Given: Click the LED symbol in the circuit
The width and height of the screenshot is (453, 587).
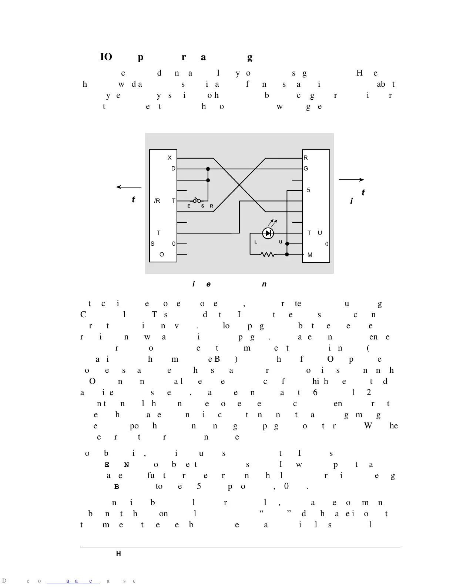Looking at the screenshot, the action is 268,233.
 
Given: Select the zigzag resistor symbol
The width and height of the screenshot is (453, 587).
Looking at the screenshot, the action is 268,255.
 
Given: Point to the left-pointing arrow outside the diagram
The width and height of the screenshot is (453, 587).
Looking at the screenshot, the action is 128,187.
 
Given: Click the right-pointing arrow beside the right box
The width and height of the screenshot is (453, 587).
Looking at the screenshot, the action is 351,180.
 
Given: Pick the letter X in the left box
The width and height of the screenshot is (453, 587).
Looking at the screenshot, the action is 170,158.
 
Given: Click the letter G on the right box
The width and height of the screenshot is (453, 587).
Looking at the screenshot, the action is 306,169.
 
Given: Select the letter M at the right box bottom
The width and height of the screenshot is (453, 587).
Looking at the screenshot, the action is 310,255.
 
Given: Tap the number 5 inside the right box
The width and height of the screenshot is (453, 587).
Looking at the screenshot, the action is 309,190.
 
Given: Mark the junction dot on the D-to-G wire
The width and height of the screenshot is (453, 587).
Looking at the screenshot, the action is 208,169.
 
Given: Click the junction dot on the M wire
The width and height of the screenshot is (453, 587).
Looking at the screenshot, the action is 287,255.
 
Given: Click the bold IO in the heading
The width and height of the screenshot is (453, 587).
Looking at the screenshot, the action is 106,57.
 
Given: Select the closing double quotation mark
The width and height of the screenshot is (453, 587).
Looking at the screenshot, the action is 290,513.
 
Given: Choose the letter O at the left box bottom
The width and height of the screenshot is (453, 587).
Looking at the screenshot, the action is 161,255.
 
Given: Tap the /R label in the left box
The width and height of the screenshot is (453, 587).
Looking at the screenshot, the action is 157,201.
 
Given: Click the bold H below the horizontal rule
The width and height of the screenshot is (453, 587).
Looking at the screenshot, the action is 118,554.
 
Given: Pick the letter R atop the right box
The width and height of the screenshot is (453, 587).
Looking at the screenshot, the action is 306,158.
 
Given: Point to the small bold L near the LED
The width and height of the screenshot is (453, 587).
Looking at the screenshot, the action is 256,242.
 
